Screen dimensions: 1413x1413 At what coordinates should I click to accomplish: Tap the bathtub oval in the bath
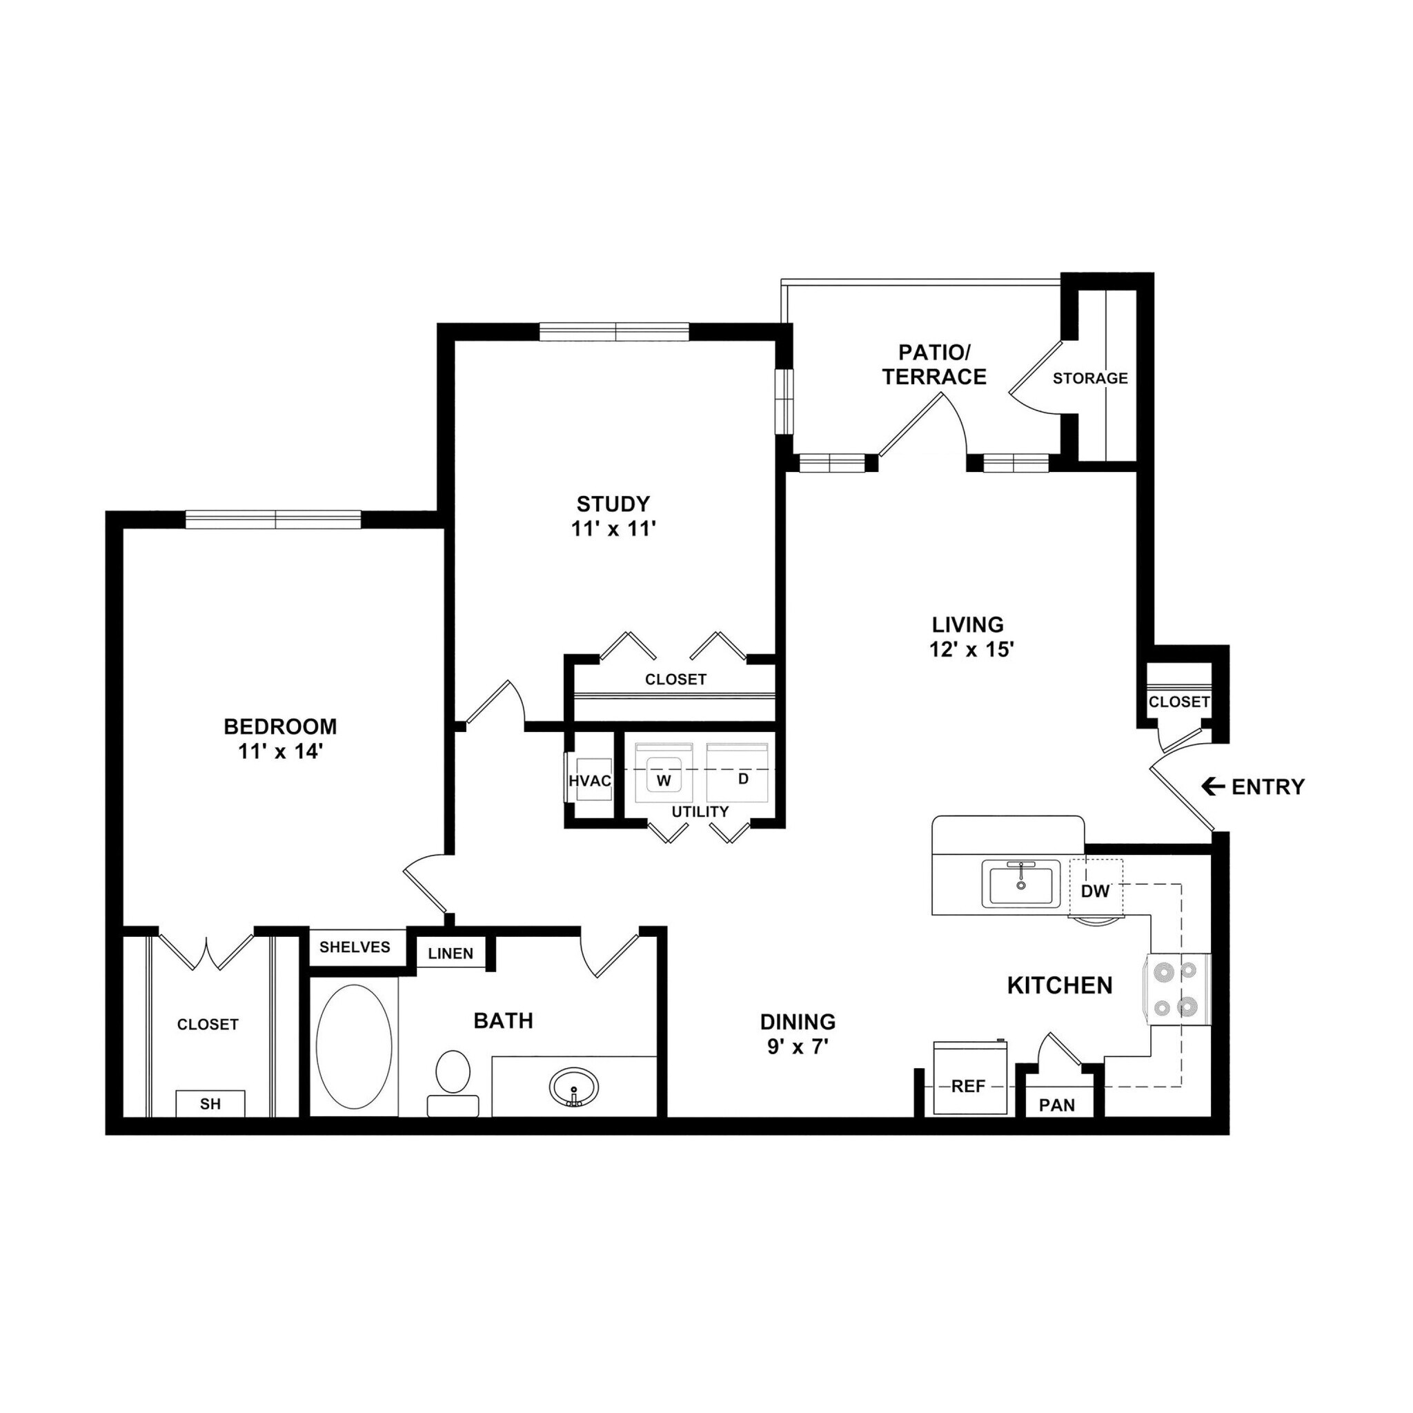[x=353, y=1047]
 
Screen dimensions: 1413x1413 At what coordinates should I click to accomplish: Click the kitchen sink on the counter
[x=1020, y=885]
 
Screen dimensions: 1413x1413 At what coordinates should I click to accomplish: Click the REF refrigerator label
[x=968, y=1087]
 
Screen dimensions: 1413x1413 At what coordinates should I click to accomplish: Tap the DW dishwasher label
[x=1095, y=891]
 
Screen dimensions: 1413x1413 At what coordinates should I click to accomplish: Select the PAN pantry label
[x=1057, y=1105]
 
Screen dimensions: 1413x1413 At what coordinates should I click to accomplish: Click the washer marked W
[x=663, y=780]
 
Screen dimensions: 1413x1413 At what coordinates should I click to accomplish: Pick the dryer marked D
[x=743, y=779]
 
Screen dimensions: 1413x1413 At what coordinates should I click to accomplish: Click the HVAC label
[x=589, y=781]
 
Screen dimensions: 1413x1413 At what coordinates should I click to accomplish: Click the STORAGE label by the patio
[x=1089, y=378]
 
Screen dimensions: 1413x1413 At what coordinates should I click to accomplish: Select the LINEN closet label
[x=451, y=953]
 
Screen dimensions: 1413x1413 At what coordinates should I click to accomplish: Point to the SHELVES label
[x=355, y=947]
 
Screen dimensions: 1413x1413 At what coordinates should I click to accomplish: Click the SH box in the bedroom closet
[x=210, y=1104]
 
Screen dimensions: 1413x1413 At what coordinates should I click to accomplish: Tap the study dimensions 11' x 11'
[x=613, y=528]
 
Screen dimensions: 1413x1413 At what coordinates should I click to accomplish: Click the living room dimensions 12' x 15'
[x=971, y=649]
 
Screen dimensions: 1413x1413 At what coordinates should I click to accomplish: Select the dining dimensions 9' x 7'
[x=797, y=1047]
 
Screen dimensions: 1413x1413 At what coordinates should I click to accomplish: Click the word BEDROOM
[x=280, y=727]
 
